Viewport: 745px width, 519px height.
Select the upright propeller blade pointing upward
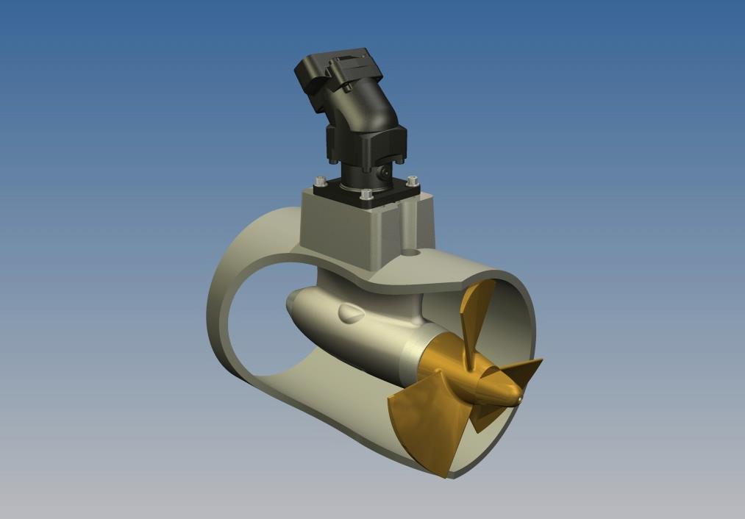pos(477,312)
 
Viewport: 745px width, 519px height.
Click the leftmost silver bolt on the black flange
pos(320,181)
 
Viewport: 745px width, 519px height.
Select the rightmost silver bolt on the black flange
pos(411,180)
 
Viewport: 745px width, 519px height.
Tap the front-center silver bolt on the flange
pos(366,195)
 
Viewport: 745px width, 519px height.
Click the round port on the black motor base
pos(384,173)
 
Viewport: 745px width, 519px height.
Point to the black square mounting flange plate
pos(366,193)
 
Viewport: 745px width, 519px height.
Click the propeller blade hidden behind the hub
pos(482,419)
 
